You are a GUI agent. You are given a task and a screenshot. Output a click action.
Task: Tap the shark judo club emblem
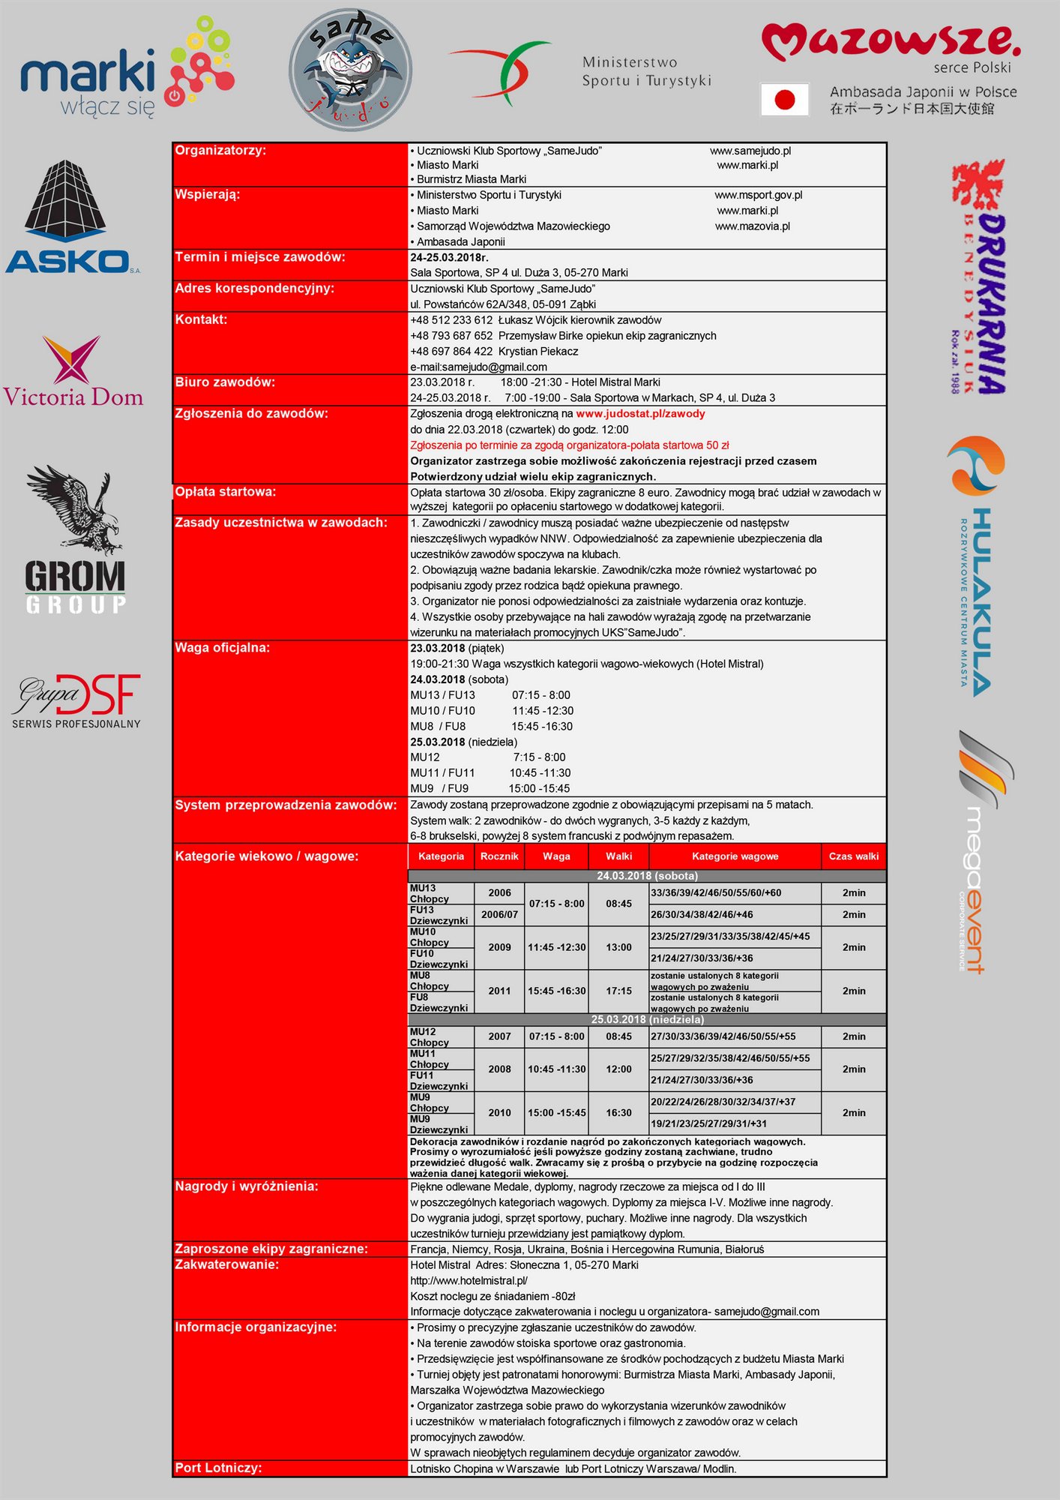pyautogui.click(x=350, y=69)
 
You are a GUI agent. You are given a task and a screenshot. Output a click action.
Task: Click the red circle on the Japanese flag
pyautogui.click(x=784, y=100)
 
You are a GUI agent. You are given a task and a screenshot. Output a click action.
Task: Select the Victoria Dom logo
pyautogui.click(x=73, y=372)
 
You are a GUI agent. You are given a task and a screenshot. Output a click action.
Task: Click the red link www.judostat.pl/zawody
pyautogui.click(x=640, y=414)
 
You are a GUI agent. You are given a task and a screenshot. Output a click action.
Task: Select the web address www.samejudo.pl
pyautogui.click(x=750, y=151)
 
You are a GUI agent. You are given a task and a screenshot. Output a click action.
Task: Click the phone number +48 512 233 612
pyautogui.click(x=451, y=320)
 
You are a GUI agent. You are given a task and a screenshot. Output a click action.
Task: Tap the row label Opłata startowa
pyautogui.click(x=226, y=492)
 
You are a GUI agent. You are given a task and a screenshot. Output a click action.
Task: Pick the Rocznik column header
pyautogui.click(x=499, y=856)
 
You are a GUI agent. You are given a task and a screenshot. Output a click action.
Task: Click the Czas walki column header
pyautogui.click(x=853, y=856)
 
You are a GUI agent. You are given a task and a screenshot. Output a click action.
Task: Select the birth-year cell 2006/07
pyautogui.click(x=499, y=915)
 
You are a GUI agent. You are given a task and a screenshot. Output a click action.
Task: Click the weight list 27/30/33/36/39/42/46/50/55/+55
pyautogui.click(x=723, y=1036)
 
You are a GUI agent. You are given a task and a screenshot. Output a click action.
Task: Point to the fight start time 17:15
pyautogui.click(x=618, y=991)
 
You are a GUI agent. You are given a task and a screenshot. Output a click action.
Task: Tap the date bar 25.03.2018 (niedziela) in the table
pyautogui.click(x=647, y=1020)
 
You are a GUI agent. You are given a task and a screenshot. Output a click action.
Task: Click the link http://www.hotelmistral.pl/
pyautogui.click(x=469, y=1281)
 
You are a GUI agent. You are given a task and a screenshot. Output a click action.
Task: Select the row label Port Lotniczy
pyautogui.click(x=219, y=1468)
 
